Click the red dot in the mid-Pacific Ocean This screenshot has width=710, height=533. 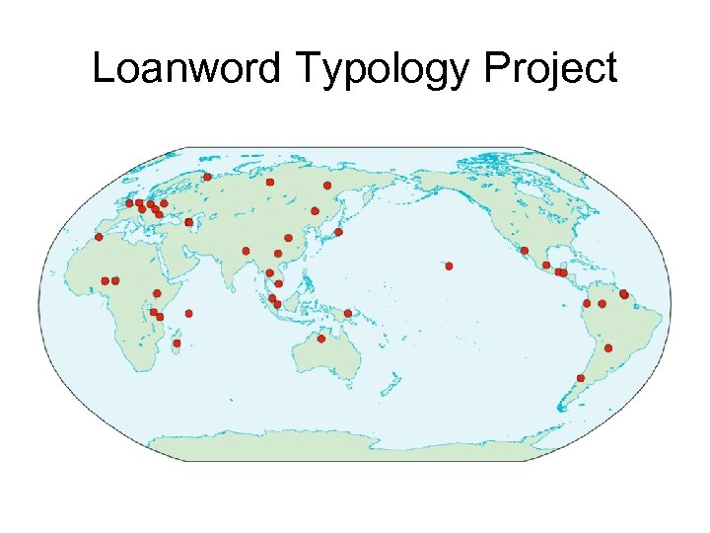[x=449, y=266]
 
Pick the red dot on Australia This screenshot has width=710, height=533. [x=320, y=339]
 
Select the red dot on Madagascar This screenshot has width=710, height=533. [x=177, y=343]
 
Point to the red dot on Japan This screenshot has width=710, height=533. [x=338, y=232]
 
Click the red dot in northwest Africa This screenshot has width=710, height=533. [x=98, y=237]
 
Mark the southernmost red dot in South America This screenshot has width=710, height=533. [x=581, y=378]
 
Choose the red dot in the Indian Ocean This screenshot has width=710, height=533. [x=188, y=313]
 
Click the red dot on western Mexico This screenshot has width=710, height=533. [x=525, y=250]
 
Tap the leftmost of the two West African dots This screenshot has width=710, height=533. [x=105, y=280]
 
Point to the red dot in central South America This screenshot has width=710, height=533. [x=608, y=348]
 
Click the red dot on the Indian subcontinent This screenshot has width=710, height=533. [x=246, y=251]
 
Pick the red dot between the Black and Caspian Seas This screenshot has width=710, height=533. [x=188, y=222]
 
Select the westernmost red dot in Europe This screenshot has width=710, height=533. [x=129, y=203]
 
